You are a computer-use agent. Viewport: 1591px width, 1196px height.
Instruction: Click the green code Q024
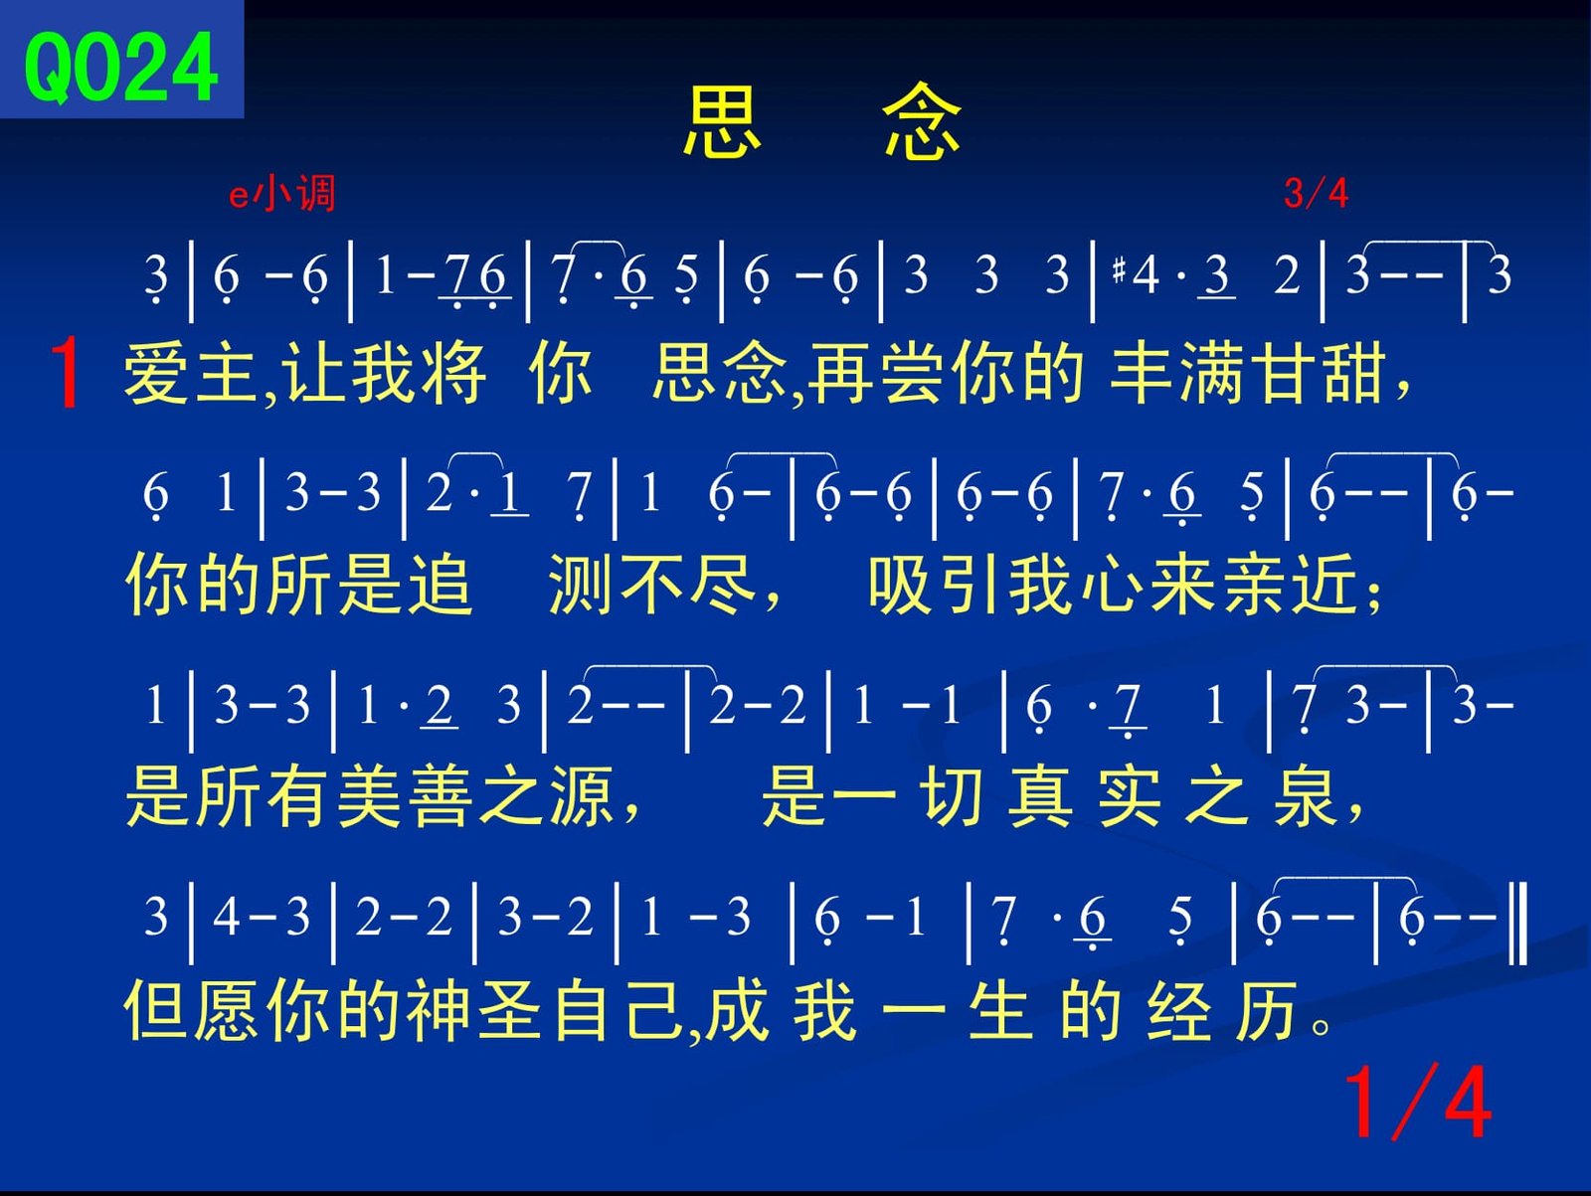(121, 68)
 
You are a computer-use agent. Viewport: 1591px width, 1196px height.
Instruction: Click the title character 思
(722, 121)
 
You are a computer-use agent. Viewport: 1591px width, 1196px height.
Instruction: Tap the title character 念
(921, 120)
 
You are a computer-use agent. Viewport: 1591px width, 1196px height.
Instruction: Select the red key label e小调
(282, 194)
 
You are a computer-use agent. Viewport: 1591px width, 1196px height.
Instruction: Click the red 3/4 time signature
(1316, 194)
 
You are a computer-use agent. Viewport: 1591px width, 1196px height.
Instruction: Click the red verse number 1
(67, 373)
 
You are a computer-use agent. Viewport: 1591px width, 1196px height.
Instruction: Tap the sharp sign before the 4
(1120, 270)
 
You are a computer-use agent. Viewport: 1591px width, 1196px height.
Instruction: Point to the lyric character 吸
(900, 585)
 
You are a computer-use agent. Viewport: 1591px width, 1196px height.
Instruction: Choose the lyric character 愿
(227, 1010)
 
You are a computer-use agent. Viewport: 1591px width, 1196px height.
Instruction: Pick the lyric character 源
(582, 796)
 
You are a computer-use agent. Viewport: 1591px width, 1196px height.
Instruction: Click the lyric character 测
(580, 585)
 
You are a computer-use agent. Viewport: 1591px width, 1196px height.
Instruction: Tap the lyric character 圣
(510, 1010)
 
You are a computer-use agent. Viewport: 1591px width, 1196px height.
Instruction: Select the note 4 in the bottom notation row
(226, 917)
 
